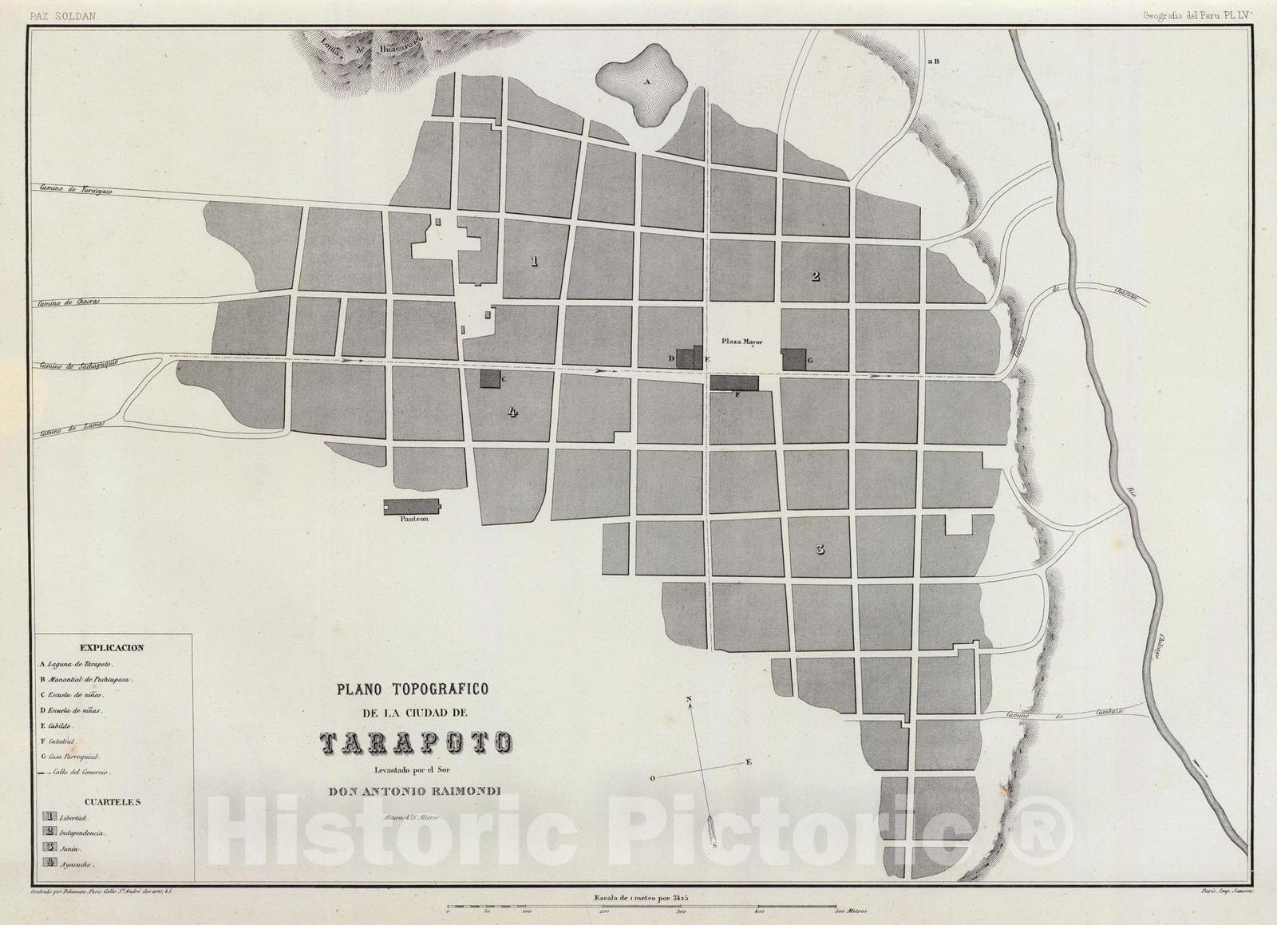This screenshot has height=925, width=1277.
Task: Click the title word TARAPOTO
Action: (415, 743)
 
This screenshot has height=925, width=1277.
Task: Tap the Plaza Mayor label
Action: (742, 342)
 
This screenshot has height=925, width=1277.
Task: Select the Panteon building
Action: (412, 507)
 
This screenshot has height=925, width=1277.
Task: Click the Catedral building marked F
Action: (734, 383)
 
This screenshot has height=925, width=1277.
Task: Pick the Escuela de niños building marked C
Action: (489, 378)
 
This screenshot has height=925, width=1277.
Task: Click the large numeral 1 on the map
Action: (534, 261)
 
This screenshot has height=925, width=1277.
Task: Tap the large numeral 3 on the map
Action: (820, 549)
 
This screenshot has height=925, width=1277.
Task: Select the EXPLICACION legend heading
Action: (112, 647)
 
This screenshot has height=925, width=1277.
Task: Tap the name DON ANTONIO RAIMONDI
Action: (415, 792)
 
